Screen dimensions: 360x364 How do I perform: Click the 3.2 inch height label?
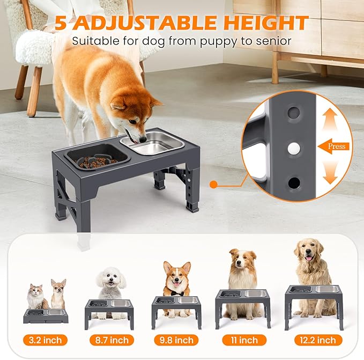point(46,340)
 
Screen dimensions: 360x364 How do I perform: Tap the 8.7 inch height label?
point(112,340)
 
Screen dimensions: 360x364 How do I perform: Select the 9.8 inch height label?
point(176,340)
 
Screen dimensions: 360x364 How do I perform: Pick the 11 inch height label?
point(243,340)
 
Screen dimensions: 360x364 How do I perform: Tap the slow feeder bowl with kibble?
point(96,156)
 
